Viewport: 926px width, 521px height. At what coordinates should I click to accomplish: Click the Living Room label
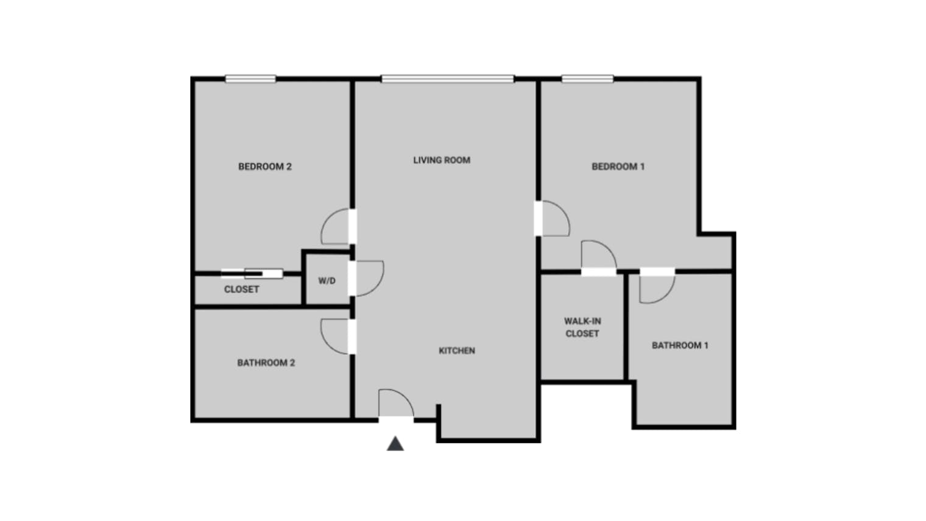(442, 160)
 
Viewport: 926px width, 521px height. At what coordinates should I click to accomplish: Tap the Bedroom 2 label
(265, 166)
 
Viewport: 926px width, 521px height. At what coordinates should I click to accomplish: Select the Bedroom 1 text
(618, 166)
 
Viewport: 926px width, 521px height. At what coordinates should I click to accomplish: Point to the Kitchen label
(457, 350)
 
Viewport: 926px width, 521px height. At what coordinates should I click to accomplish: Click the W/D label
(327, 281)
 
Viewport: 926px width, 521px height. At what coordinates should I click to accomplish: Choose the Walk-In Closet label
(582, 327)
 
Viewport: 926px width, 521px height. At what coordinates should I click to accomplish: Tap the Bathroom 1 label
(680, 346)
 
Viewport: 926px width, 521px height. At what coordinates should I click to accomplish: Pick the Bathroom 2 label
(266, 363)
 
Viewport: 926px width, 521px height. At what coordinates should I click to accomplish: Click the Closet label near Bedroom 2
(241, 289)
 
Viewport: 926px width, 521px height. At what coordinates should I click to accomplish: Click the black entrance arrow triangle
(395, 444)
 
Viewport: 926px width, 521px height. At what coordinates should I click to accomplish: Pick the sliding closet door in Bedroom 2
(252, 274)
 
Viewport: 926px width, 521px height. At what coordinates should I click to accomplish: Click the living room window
(448, 79)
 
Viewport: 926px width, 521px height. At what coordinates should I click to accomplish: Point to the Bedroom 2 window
(250, 79)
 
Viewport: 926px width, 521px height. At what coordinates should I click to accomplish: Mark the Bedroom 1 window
(587, 79)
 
